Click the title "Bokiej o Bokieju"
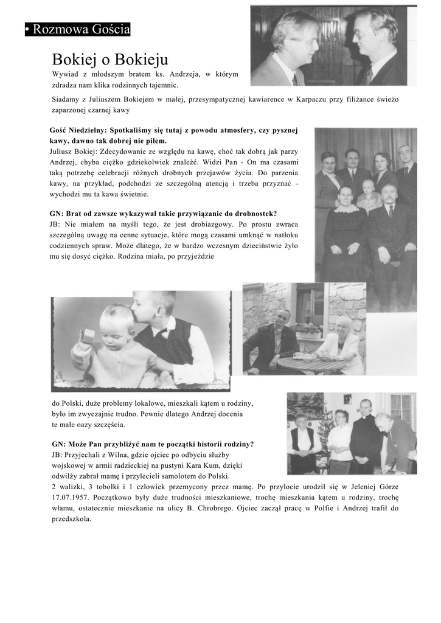(109, 60)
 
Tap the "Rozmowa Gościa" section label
(78, 29)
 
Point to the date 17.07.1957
(71, 497)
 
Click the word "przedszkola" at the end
(71, 519)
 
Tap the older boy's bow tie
(161, 332)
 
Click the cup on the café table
(300, 355)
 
